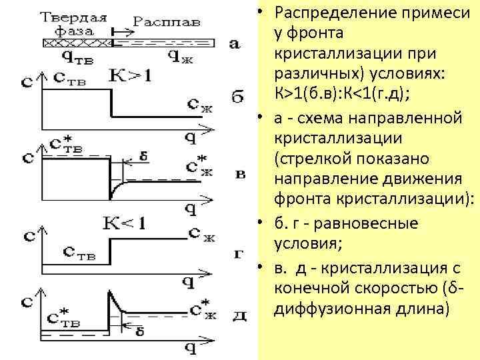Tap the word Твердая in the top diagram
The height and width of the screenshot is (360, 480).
pos(75,17)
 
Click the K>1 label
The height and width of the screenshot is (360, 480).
pos(131,75)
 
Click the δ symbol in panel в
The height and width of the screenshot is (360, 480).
pos(145,158)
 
